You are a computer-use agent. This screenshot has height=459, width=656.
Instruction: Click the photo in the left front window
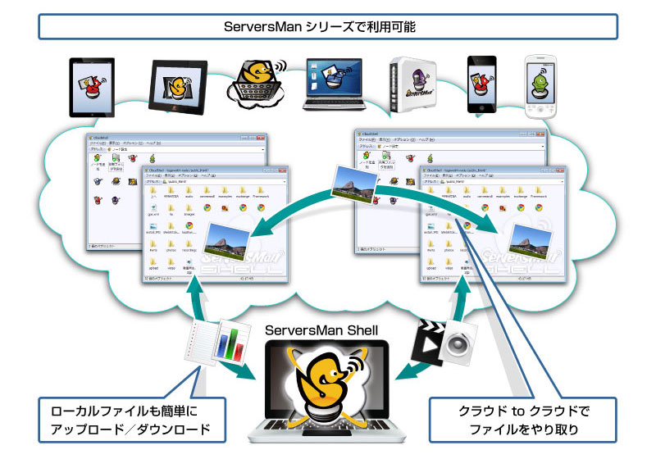(x=229, y=238)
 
